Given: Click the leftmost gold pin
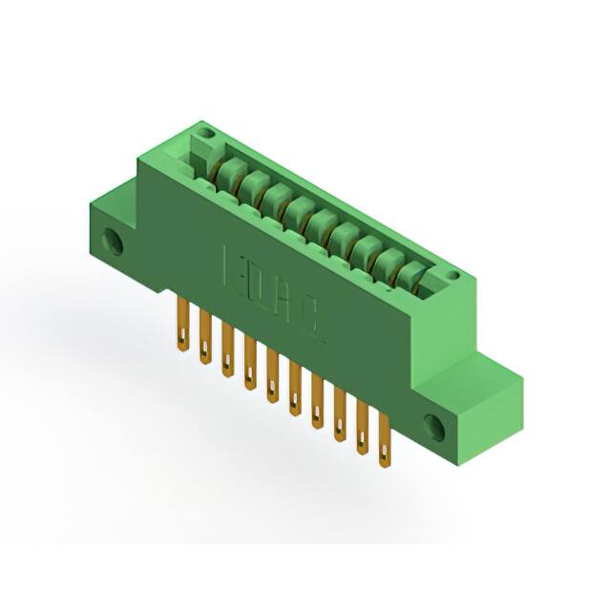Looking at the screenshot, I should point(179,325).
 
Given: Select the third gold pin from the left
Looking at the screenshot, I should point(226,351).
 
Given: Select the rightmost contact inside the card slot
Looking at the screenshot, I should point(410,277).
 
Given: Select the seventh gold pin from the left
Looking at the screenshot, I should point(318,403).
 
